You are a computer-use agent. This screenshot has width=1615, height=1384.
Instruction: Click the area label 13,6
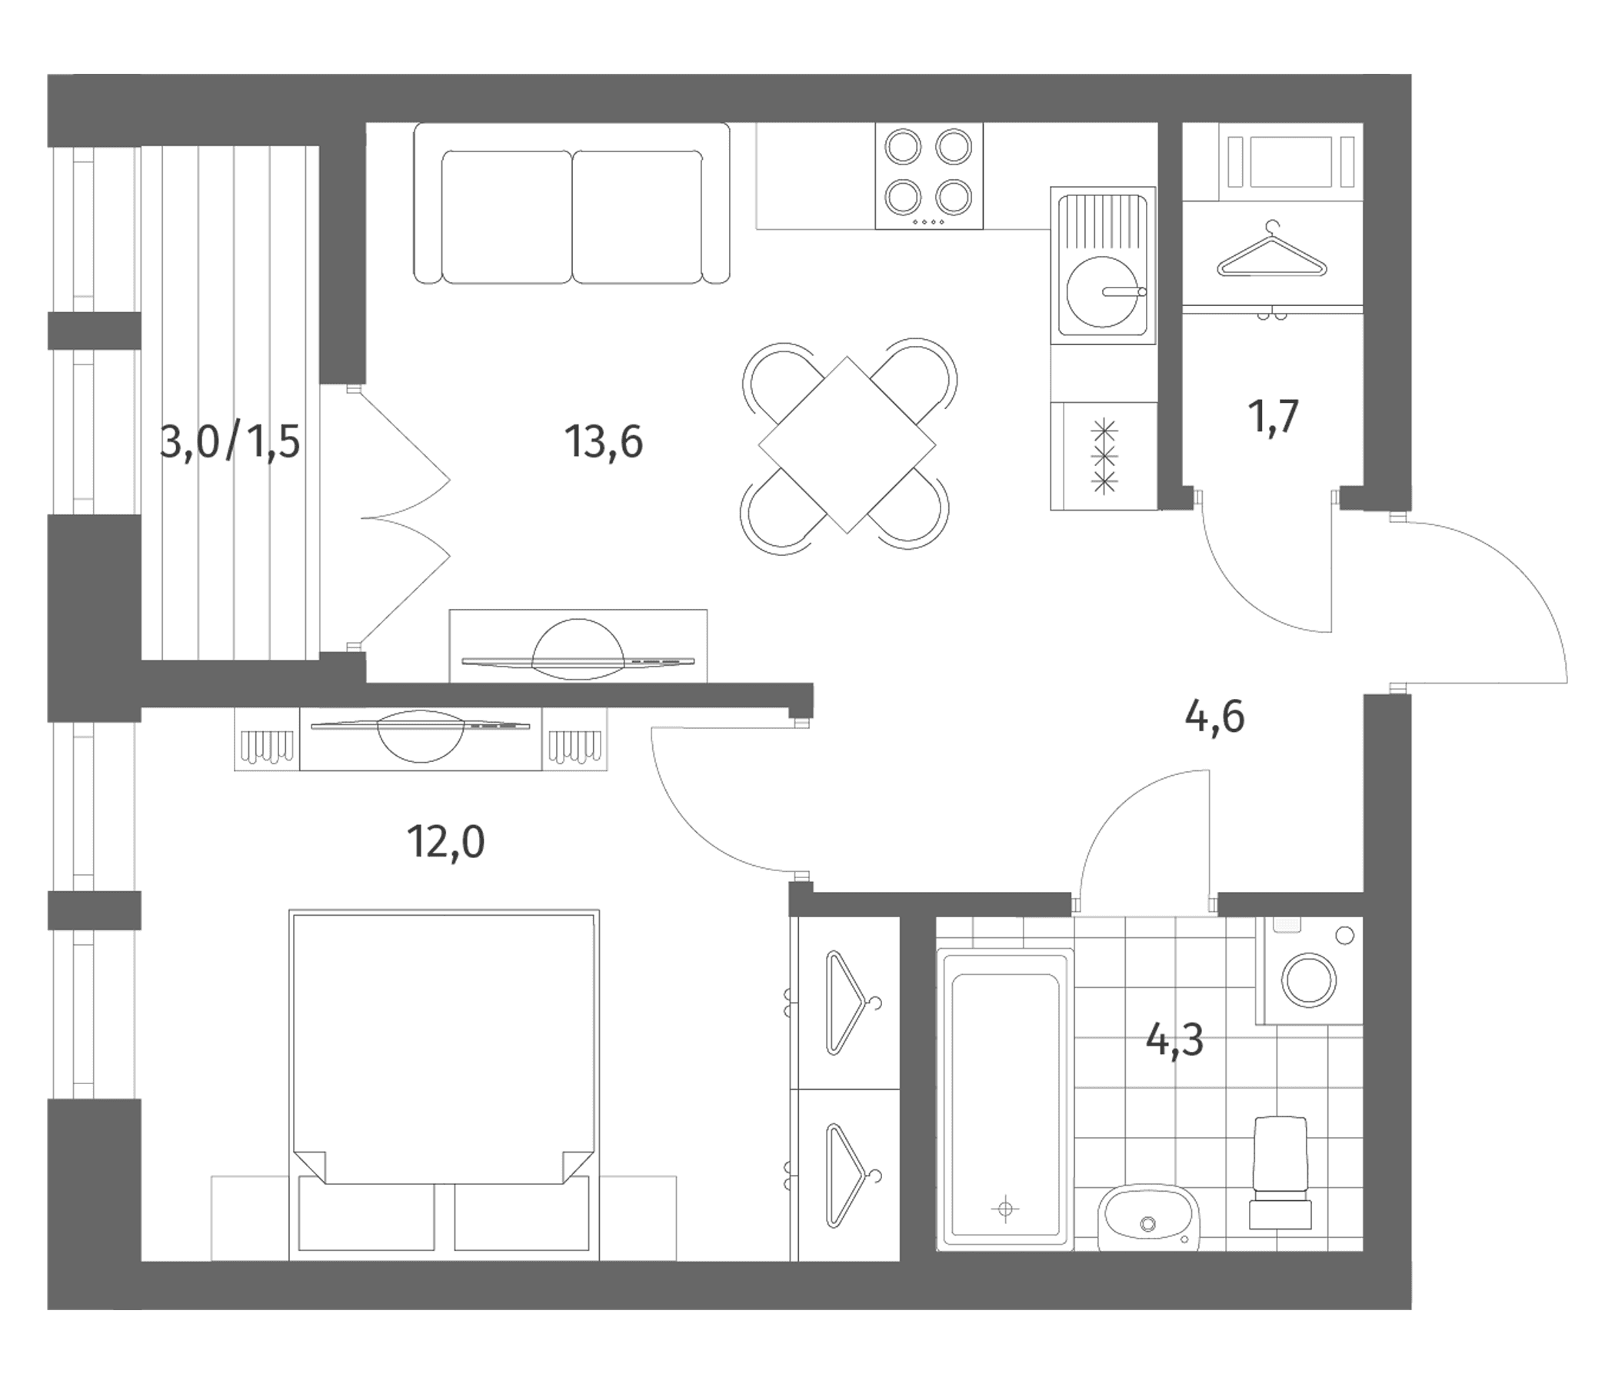click(x=604, y=442)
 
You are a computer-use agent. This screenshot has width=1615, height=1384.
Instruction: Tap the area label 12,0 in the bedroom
click(x=446, y=843)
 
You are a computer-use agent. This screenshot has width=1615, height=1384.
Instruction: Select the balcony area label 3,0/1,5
click(x=230, y=442)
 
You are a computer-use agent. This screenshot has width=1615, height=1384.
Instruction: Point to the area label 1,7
click(x=1274, y=417)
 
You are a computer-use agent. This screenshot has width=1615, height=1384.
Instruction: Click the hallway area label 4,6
click(x=1214, y=717)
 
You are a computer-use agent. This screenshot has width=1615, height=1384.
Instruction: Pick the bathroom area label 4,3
click(x=1174, y=1040)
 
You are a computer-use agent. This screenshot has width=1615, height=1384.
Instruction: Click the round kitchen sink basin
click(x=1102, y=291)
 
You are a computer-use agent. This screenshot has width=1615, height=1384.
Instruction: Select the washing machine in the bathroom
click(x=1309, y=970)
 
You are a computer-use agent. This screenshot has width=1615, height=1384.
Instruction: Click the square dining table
click(x=847, y=446)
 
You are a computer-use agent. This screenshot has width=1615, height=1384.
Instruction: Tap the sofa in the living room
click(x=571, y=204)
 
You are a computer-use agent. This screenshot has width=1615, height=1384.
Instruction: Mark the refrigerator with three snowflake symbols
click(x=1104, y=456)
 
